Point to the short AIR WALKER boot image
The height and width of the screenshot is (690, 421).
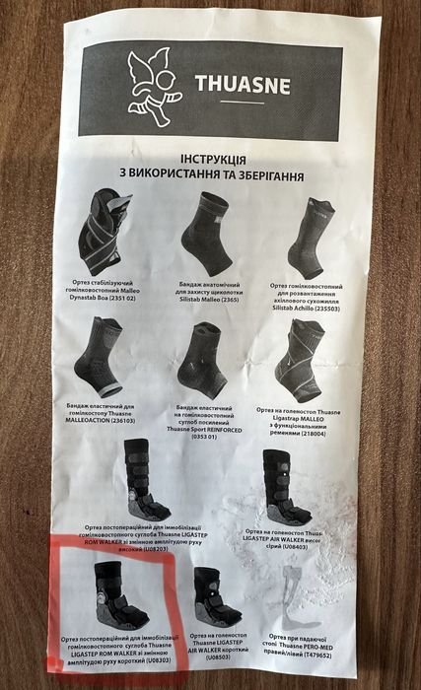click(216, 596)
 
